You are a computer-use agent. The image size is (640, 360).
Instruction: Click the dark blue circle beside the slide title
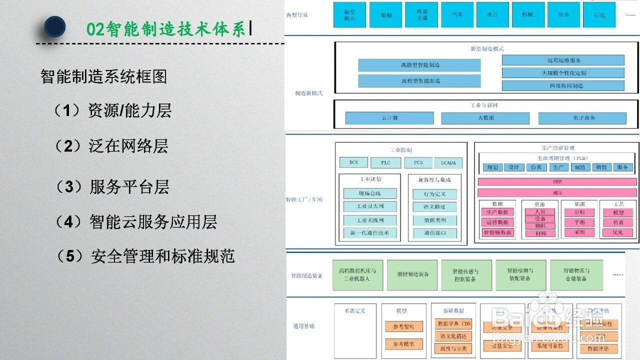coord(54,27)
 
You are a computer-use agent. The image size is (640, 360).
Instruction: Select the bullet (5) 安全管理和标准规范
coord(145,256)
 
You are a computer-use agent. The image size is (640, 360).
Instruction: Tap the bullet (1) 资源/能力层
coord(112,110)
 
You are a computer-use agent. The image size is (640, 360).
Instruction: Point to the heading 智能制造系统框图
coord(103,76)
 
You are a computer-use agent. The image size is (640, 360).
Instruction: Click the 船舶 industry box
coord(385,15)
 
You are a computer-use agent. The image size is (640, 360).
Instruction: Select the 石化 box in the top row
coord(599,15)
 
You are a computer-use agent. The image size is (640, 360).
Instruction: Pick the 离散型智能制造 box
coord(419,65)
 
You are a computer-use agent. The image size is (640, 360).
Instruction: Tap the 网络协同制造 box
coord(563,85)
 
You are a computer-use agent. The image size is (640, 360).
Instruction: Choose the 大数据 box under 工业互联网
coord(485,118)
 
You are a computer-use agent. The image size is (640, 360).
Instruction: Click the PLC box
coord(385,162)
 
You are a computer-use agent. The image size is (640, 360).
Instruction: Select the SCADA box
coord(448,163)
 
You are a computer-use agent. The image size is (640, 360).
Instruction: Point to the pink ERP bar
coord(557,182)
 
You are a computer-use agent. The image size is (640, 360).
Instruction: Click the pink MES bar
coord(557,192)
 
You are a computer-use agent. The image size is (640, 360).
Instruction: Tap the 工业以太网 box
coord(370,206)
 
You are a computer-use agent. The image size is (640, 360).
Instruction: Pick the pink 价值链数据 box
coord(497,232)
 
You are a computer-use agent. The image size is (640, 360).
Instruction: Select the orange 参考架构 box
coord(404,326)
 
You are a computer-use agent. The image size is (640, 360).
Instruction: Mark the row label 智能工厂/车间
coord(304,199)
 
